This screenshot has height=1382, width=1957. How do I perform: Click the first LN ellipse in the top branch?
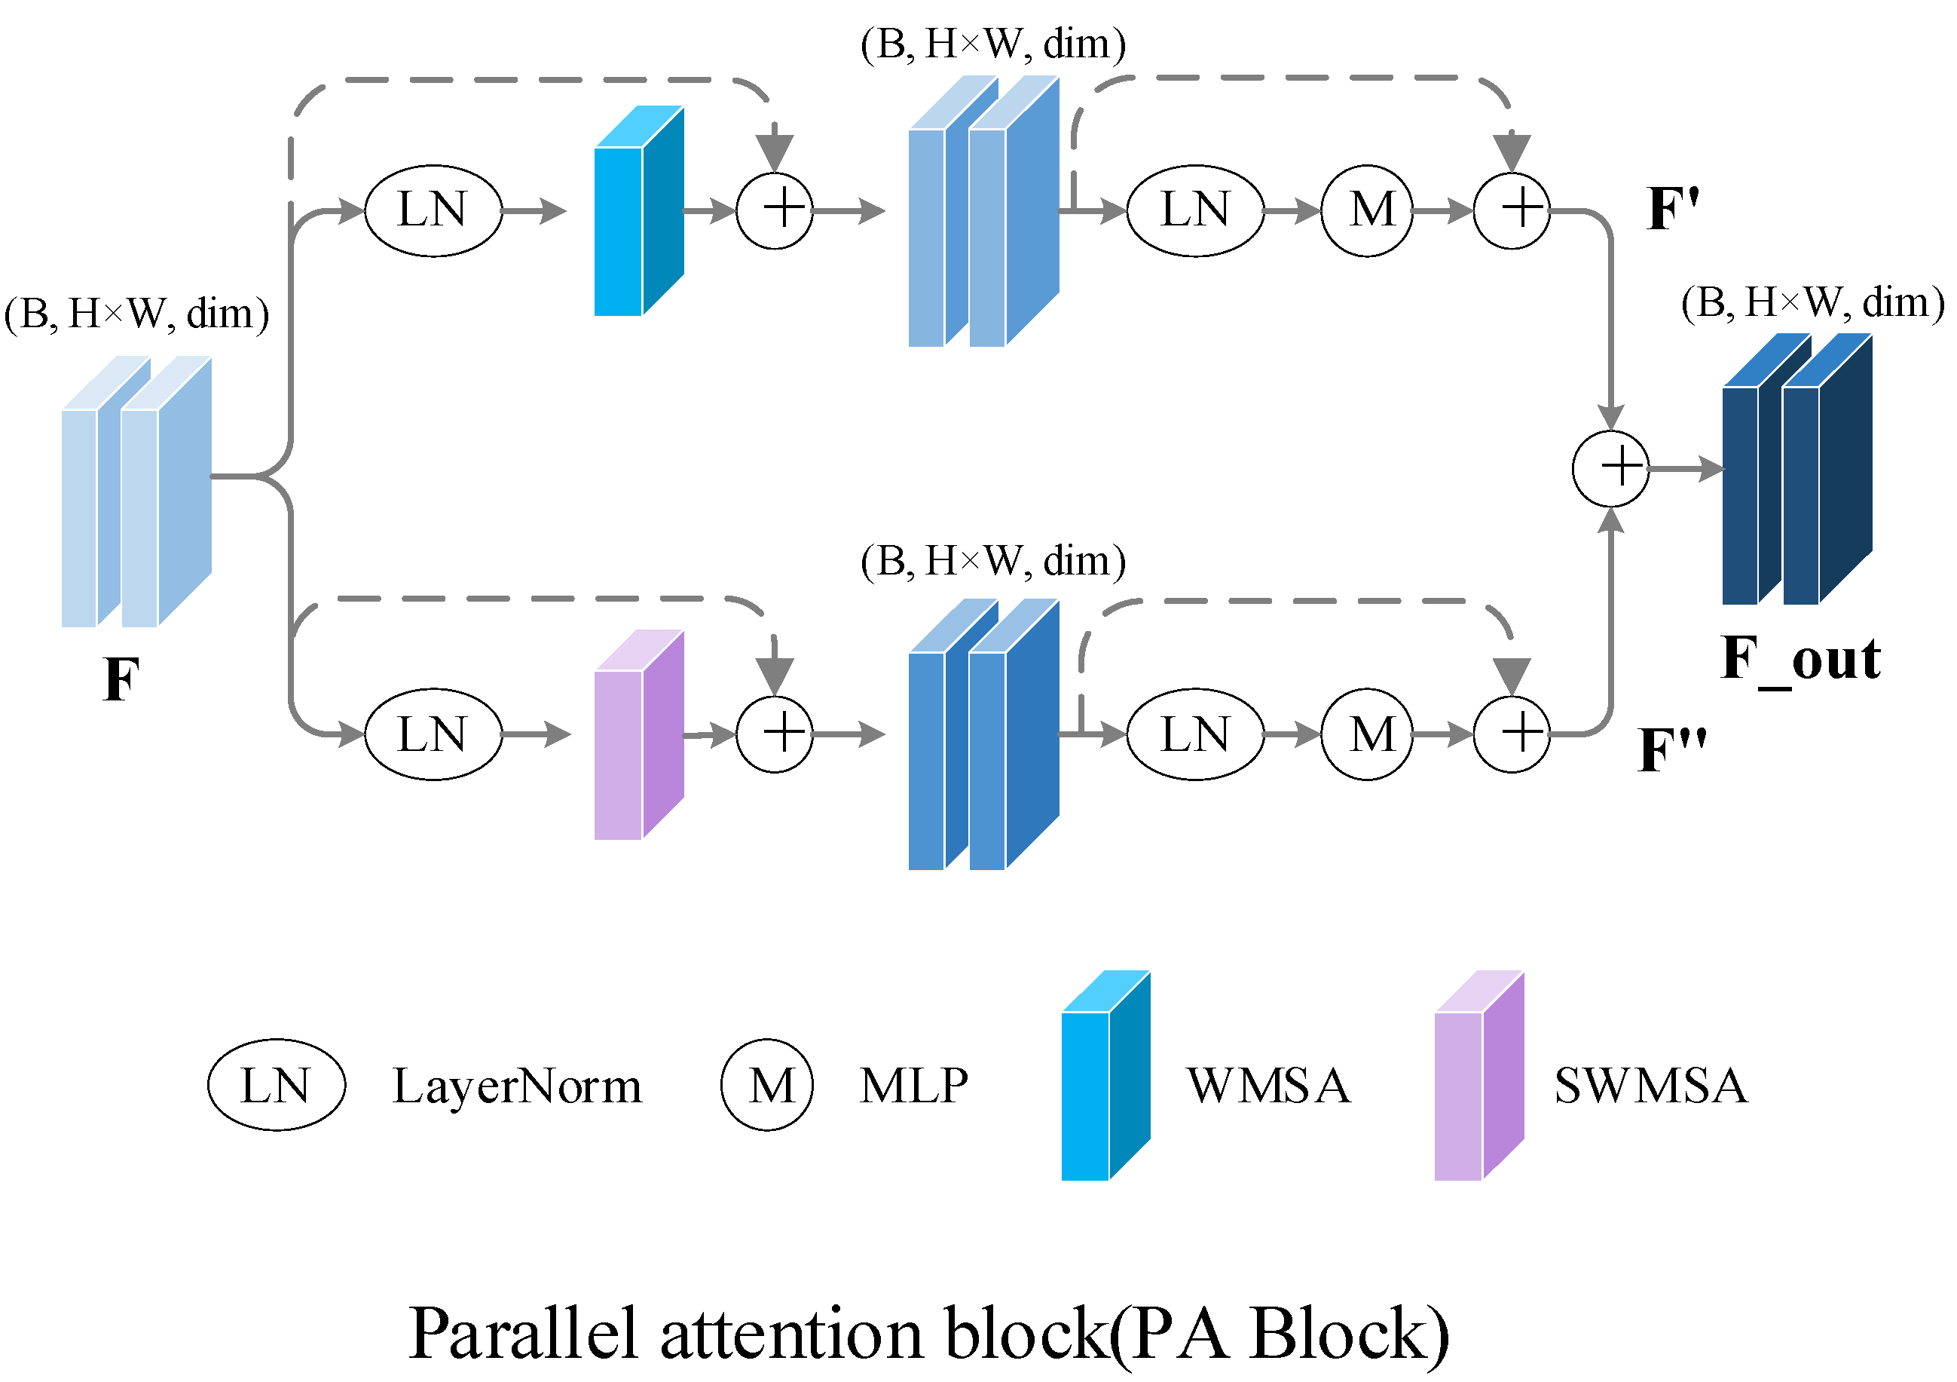click(x=433, y=210)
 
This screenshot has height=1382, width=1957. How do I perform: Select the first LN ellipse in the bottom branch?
click(x=433, y=735)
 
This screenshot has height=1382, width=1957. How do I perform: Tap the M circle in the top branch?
click(x=1367, y=210)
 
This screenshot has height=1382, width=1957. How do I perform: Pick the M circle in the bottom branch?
click(x=1367, y=735)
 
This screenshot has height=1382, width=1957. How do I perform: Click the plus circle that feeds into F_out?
click(x=1610, y=469)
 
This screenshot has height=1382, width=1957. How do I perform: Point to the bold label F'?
click(x=1673, y=209)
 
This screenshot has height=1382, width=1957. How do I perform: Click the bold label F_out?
click(x=1800, y=659)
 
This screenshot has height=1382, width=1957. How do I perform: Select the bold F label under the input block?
click(x=121, y=679)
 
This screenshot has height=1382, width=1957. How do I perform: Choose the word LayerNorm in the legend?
click(x=516, y=1087)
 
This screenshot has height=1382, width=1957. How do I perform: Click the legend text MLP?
click(x=914, y=1087)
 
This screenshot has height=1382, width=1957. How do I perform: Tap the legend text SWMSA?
click(x=1650, y=1087)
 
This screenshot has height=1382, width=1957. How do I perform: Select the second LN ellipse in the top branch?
click(x=1195, y=210)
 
